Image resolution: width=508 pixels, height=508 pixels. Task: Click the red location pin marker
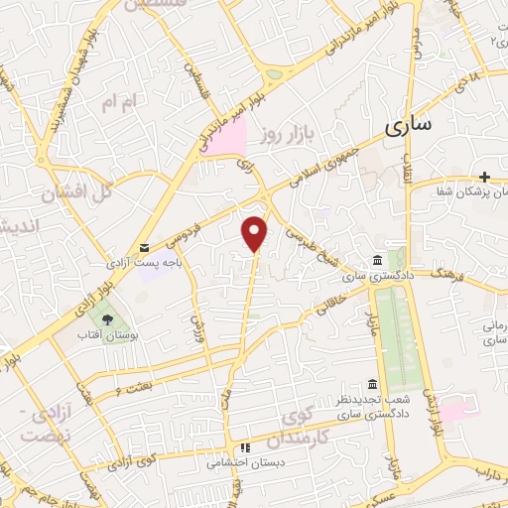click(x=256, y=232)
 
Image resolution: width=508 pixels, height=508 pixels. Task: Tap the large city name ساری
click(x=407, y=127)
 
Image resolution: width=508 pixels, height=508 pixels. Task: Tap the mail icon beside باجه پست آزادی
click(x=145, y=247)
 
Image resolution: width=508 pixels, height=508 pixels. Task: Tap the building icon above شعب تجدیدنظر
click(x=371, y=384)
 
